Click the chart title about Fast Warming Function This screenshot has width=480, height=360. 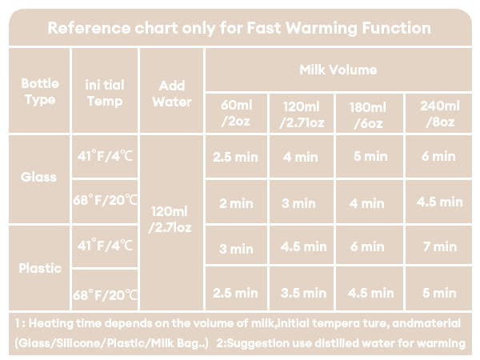coord(239,28)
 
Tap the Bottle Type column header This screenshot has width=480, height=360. coord(39,91)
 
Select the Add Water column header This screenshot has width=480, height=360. coord(171,94)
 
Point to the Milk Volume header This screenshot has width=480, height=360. coord(338,70)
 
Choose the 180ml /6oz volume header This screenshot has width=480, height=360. coord(369,114)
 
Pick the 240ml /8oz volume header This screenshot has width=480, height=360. coord(438,114)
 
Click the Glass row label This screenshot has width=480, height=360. coord(39,177)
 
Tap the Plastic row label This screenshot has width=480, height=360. coord(39,268)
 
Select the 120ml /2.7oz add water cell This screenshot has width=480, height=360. coord(171,219)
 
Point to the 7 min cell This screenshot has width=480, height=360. coord(439,246)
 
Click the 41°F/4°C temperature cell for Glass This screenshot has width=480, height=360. coord(105,156)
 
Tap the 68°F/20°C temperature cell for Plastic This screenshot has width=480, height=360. coord(105,294)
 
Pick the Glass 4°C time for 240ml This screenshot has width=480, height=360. coord(438,157)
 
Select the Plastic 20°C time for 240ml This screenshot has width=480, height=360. coord(438,293)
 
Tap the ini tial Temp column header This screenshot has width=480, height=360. coord(105,92)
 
